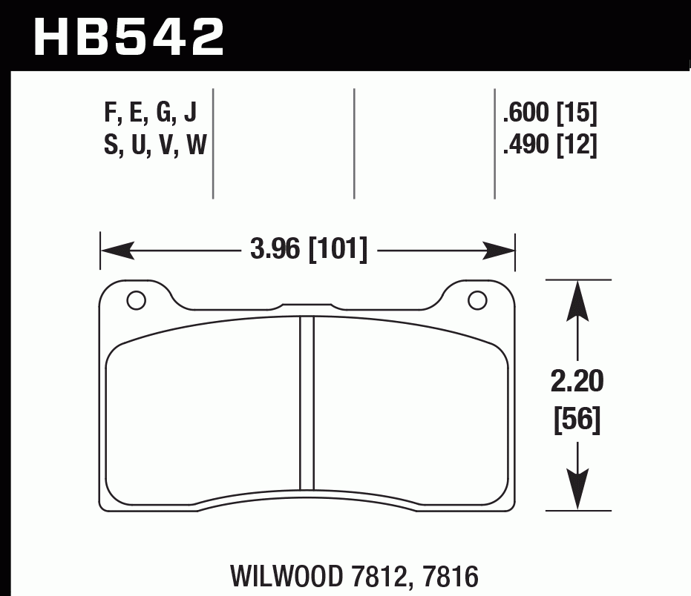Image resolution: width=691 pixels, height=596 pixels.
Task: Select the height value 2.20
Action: click(577, 383)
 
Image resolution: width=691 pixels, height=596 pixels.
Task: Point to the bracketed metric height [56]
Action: click(577, 420)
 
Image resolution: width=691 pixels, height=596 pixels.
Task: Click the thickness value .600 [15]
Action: click(549, 113)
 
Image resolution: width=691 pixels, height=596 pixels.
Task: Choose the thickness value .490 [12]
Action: click(549, 146)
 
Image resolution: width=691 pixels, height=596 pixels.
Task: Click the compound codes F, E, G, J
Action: click(151, 113)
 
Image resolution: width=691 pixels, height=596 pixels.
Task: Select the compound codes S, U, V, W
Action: click(154, 146)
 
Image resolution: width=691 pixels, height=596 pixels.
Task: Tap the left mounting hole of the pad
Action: click(135, 300)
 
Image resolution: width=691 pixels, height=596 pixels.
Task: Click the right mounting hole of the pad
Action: click(477, 300)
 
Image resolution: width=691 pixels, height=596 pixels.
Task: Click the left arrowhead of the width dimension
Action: click(115, 251)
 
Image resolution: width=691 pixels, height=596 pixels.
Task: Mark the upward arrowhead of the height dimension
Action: click(577, 297)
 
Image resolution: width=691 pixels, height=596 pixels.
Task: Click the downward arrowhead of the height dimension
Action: click(577, 493)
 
